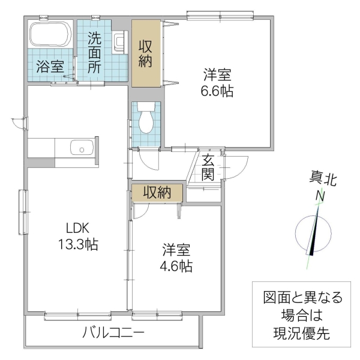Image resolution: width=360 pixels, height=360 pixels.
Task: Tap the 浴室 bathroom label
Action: (x=49, y=66)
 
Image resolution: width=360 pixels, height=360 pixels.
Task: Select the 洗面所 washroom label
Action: (x=95, y=53)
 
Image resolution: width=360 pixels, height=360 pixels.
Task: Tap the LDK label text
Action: (x=77, y=228)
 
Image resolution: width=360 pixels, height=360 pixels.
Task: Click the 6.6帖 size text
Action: (x=217, y=92)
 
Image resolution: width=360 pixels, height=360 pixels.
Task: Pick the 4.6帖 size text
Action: (x=176, y=266)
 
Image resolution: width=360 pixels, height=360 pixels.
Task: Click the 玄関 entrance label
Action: (x=208, y=167)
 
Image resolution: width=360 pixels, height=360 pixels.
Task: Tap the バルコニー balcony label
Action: (x=113, y=332)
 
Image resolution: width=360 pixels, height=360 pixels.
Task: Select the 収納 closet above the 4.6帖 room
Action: (x=157, y=192)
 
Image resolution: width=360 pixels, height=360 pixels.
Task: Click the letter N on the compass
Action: (x=321, y=196)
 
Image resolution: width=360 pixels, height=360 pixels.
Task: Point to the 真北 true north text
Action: (x=322, y=178)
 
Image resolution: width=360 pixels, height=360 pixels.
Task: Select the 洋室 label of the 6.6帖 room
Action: (x=217, y=76)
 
